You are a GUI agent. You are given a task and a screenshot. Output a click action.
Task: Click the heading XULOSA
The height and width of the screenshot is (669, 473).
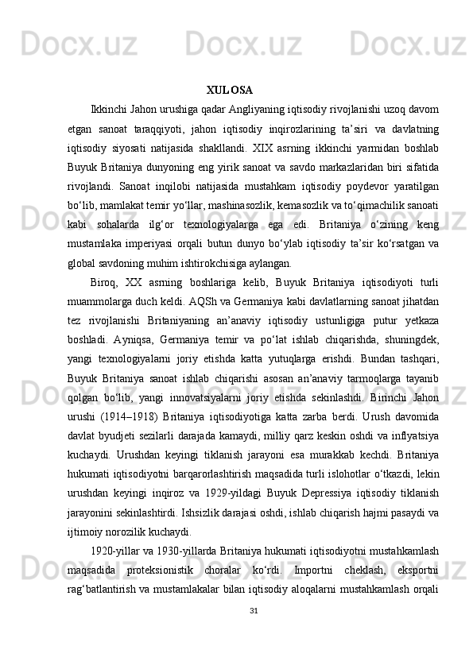tap(229, 89)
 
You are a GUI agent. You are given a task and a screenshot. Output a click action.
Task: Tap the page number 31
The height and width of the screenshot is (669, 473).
tap(253, 633)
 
